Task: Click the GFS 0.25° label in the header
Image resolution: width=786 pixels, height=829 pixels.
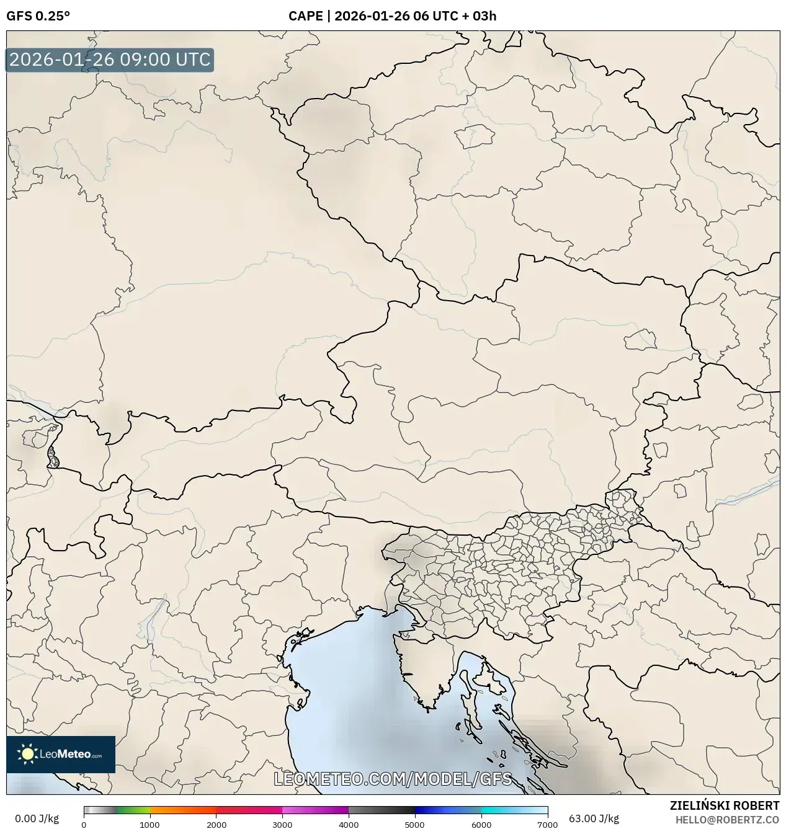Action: pyautogui.click(x=38, y=16)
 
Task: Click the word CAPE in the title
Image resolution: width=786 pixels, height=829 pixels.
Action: pyautogui.click(x=305, y=16)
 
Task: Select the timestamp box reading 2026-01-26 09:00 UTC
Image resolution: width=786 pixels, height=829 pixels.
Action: pyautogui.click(x=110, y=60)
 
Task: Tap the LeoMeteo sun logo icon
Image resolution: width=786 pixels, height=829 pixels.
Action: pyautogui.click(x=27, y=754)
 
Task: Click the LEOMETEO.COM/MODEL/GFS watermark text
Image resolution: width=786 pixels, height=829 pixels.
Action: pyautogui.click(x=393, y=779)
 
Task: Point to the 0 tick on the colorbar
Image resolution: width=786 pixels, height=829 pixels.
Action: pyautogui.click(x=84, y=825)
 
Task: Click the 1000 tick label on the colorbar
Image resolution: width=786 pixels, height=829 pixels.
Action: pyautogui.click(x=150, y=825)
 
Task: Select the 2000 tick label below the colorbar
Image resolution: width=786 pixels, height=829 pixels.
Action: pyautogui.click(x=216, y=825)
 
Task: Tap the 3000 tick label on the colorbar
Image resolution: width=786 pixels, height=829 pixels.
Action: pyautogui.click(x=282, y=825)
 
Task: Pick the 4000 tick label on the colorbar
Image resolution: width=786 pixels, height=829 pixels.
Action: pyautogui.click(x=349, y=825)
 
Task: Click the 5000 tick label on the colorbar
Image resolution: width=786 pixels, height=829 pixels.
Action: pyautogui.click(x=414, y=825)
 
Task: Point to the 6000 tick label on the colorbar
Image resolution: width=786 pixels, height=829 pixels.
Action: pyautogui.click(x=481, y=825)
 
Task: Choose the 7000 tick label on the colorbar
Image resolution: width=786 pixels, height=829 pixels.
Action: pyautogui.click(x=547, y=825)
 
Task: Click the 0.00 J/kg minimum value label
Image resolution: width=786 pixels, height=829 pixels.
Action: pyautogui.click(x=37, y=818)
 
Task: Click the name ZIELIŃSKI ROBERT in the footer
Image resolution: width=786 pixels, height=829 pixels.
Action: pyautogui.click(x=724, y=805)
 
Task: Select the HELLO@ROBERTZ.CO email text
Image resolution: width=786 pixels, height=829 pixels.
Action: pyautogui.click(x=727, y=820)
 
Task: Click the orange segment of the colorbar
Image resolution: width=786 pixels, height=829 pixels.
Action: pyautogui.click(x=183, y=810)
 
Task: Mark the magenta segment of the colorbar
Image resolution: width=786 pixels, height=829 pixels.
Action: pyautogui.click(x=315, y=810)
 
